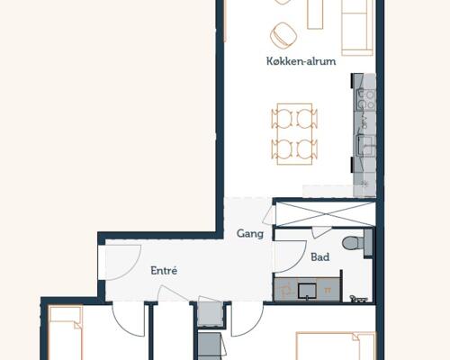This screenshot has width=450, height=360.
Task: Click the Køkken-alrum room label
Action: (301, 61)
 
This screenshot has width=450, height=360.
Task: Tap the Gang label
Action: (250, 234)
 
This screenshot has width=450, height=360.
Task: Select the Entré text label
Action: (164, 271)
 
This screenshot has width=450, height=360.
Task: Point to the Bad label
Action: (320, 257)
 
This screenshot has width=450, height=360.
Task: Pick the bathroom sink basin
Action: (307, 291)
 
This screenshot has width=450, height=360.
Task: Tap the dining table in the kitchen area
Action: (294, 134)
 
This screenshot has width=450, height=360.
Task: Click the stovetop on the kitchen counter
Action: (365, 99)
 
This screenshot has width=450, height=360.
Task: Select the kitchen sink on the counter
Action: (365, 146)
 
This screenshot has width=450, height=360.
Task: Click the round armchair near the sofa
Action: (283, 34)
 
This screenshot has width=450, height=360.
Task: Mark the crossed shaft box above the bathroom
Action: (326, 213)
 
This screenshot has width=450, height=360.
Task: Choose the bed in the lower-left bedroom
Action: (66, 332)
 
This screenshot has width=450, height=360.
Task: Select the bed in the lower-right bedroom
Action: (336, 346)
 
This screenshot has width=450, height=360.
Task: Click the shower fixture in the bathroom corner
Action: (359, 299)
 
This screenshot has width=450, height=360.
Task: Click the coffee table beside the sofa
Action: (315, 14)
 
